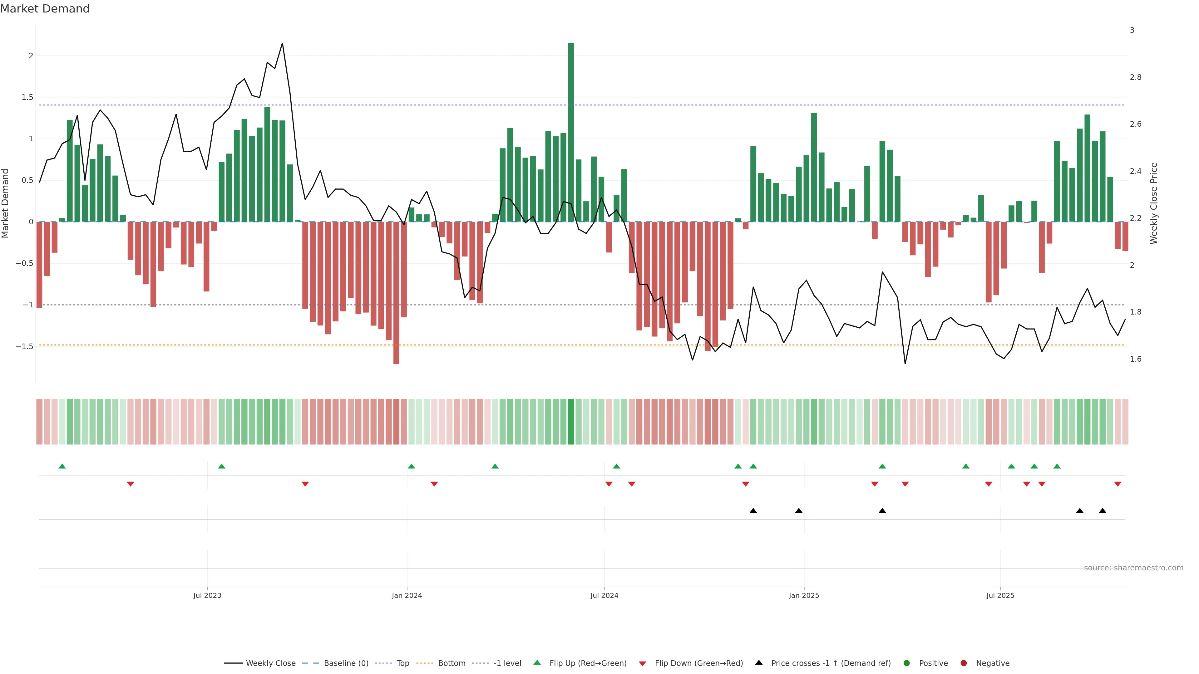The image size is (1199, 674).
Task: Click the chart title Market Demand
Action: point(45,9)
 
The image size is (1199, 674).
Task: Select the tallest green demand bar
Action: point(571,133)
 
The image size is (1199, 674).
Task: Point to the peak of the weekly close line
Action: point(282,44)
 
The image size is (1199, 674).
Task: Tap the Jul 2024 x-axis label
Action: point(604,595)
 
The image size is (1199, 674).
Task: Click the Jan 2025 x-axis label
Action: point(804,595)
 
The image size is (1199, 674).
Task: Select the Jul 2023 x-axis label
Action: point(207,595)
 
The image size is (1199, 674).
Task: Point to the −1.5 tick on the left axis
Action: point(24,347)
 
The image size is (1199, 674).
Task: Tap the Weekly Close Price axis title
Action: point(1153,203)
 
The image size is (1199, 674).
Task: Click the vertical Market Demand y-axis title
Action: point(6,203)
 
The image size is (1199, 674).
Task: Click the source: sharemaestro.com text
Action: point(1133,568)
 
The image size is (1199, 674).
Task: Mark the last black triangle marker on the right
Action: point(1102,511)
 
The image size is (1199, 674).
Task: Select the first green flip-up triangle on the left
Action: point(62,466)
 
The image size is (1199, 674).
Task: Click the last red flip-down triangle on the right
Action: point(1118,484)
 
